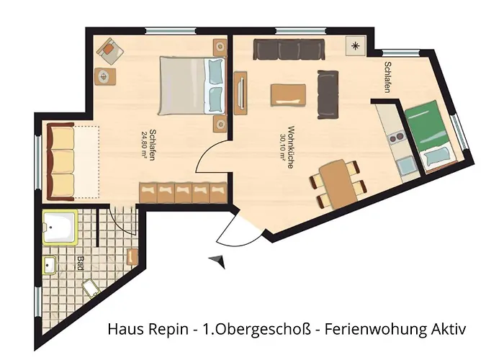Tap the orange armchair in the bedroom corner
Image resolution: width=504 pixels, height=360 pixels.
(x=109, y=50)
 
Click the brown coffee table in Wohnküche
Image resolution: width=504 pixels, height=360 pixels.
(x=288, y=95)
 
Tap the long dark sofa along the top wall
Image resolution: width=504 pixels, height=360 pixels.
(x=290, y=50)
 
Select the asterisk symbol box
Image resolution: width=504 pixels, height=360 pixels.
(x=356, y=46)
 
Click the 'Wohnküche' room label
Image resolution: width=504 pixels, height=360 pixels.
(x=289, y=147)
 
